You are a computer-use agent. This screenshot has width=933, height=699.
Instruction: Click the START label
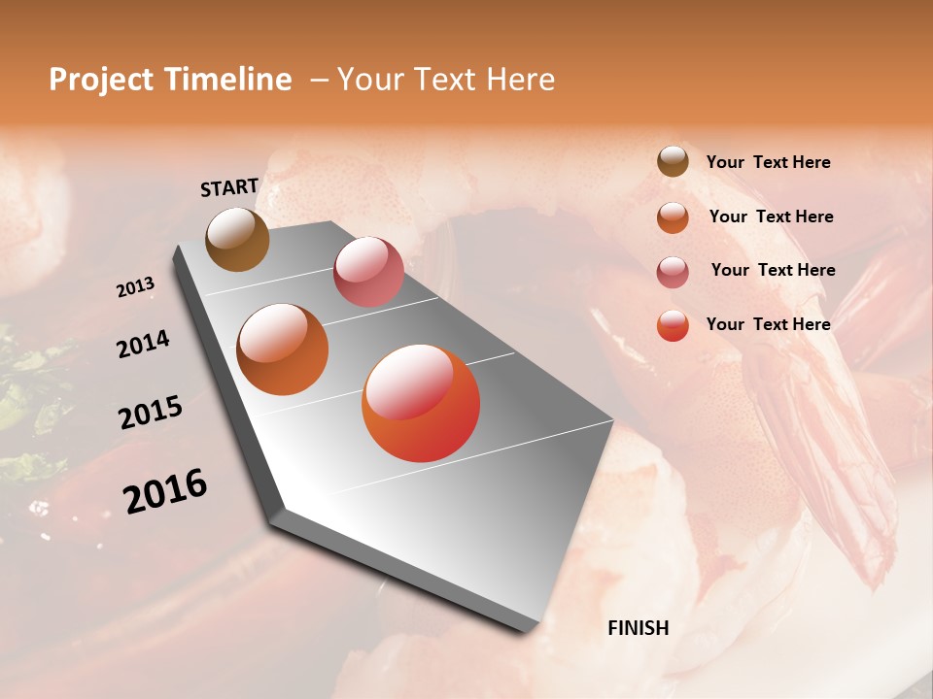coord(229,187)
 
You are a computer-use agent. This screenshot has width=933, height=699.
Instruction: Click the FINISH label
coord(639,628)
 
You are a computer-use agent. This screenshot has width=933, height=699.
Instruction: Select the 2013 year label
coord(135,287)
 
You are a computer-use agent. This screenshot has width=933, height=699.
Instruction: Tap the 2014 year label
coord(143,345)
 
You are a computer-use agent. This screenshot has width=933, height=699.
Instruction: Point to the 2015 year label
coord(151,413)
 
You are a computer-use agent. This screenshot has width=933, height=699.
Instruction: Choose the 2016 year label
coord(165,490)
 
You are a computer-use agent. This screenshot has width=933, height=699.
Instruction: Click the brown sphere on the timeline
coord(237,239)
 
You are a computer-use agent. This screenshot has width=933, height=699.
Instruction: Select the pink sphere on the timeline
coord(368,272)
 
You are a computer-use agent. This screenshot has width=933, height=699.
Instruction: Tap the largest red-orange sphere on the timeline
coord(421,403)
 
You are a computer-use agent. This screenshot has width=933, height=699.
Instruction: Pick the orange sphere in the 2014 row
coord(283,349)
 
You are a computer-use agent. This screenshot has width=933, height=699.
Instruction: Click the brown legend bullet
coord(673,162)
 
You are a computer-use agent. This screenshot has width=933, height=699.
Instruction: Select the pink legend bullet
coord(673,272)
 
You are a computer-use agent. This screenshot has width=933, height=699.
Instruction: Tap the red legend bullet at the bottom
coord(673,325)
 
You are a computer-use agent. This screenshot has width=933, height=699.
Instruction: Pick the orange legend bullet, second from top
coord(673,217)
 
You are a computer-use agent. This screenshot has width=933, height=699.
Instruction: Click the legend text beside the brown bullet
coord(768,162)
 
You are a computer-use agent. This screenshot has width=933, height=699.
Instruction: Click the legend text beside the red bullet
coord(768,324)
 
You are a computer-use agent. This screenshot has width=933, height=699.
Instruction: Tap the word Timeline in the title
coord(229,80)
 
